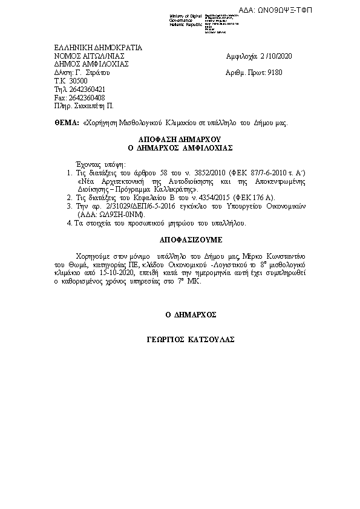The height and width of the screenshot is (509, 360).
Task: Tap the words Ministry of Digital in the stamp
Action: (x=186, y=15)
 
